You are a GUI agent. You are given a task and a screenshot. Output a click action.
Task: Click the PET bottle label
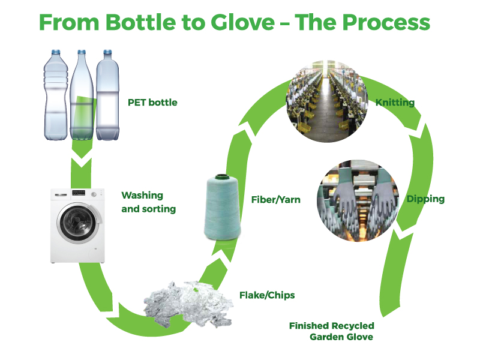[152, 103]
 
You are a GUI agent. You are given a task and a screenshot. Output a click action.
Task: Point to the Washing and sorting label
[148, 202]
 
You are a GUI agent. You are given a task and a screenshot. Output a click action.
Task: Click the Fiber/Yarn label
[275, 199]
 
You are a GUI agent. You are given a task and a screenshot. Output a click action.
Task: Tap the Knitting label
[395, 103]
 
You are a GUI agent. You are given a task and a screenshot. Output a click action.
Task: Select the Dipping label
[425, 199]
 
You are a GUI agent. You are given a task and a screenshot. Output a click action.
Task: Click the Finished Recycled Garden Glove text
[332, 331]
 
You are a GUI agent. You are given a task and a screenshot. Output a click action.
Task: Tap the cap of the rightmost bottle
[107, 53]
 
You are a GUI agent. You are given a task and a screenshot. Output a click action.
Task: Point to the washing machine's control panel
[78, 196]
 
